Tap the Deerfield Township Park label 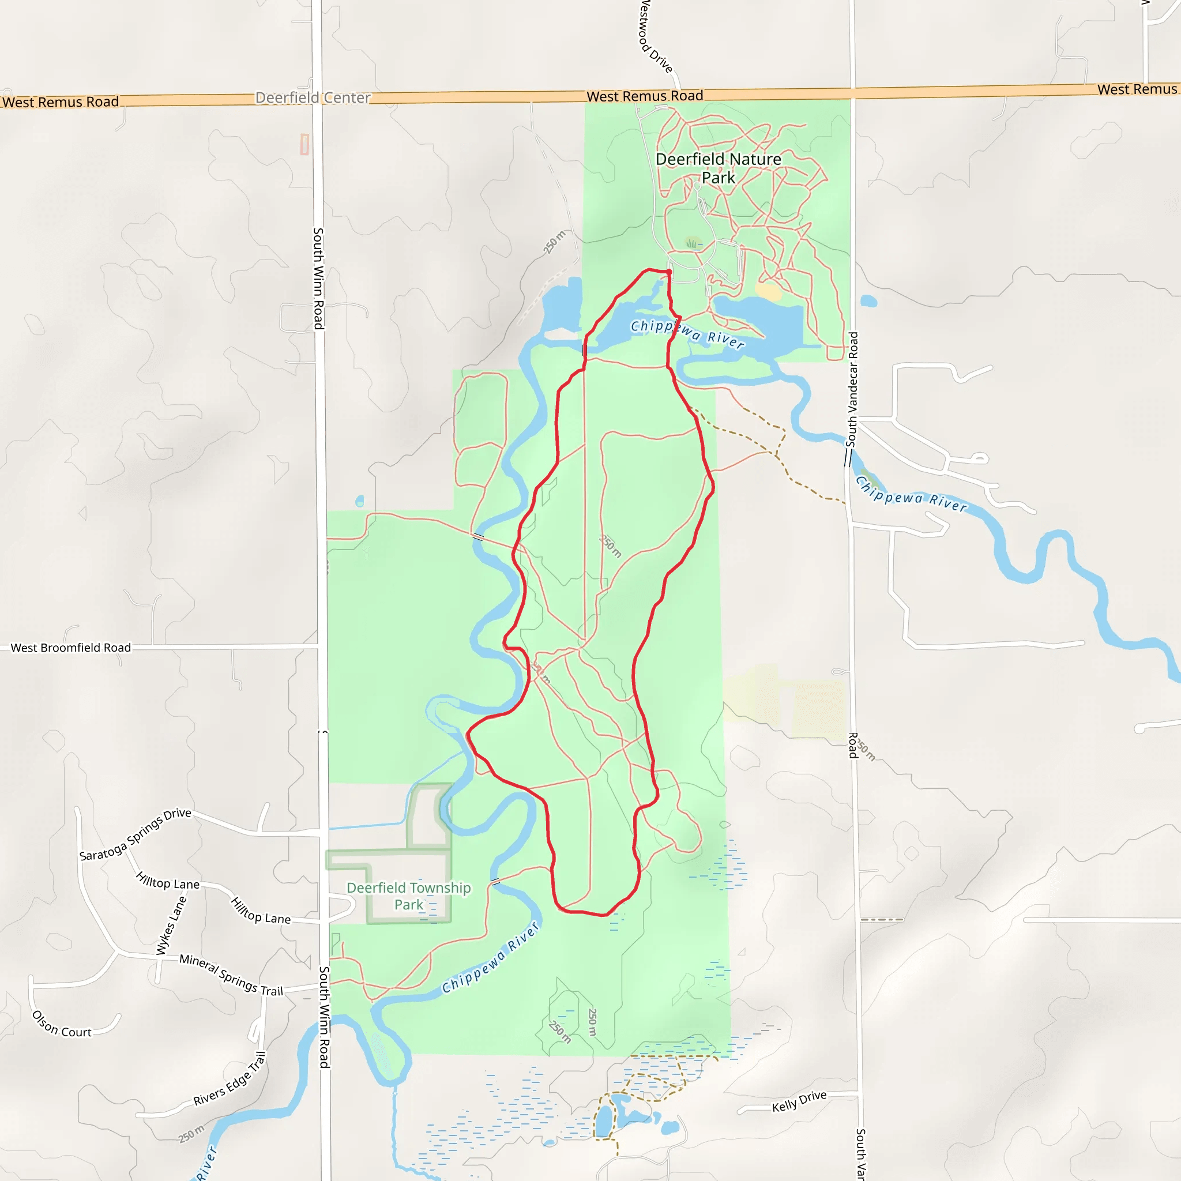(x=408, y=896)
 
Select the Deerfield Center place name (x=313, y=98)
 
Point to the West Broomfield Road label (x=71, y=648)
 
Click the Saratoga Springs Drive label (x=135, y=834)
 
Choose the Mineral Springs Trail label (x=231, y=975)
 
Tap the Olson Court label (x=62, y=1025)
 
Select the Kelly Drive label (x=799, y=1101)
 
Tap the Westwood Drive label (x=656, y=37)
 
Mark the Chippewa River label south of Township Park (x=491, y=958)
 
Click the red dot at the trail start (x=670, y=272)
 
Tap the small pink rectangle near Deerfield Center (x=304, y=144)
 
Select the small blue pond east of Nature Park (x=868, y=301)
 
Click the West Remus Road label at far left (x=60, y=102)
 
